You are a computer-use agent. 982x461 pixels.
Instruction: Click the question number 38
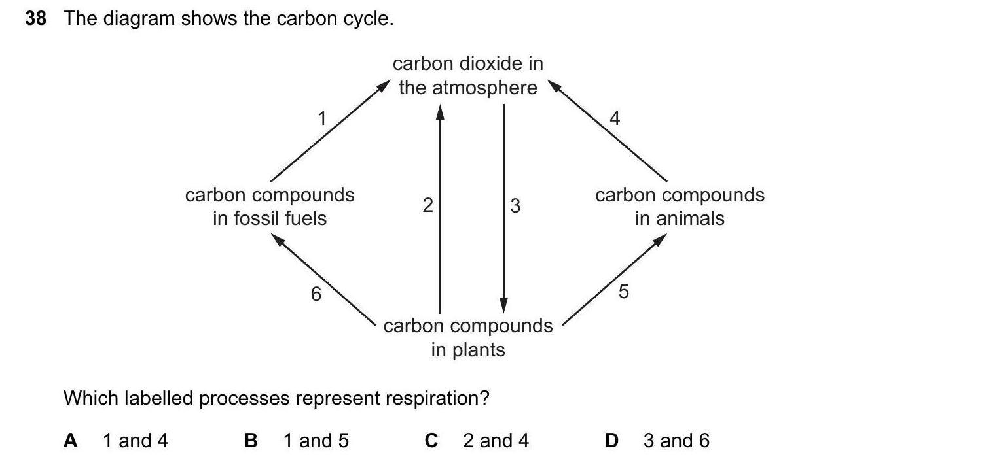[x=35, y=19]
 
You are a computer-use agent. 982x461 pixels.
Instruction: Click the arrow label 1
[x=321, y=118]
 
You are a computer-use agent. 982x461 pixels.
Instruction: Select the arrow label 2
[x=427, y=206]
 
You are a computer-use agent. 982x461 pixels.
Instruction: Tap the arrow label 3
[x=515, y=206]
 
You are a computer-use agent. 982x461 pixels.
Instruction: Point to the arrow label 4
[x=614, y=118]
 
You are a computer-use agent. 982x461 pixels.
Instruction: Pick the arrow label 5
[x=623, y=292]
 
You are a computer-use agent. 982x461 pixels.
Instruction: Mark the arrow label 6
[x=316, y=295]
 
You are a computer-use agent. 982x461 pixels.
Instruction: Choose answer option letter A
[x=71, y=441]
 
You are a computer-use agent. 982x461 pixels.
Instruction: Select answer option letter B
[x=251, y=441]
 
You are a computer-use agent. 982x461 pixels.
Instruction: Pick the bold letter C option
[x=431, y=441]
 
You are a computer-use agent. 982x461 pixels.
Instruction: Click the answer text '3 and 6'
[x=676, y=441]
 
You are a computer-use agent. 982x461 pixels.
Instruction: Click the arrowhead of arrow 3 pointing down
[x=503, y=305]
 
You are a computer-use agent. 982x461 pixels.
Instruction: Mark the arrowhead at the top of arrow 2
[x=440, y=112]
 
